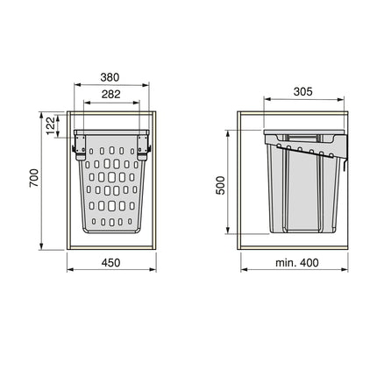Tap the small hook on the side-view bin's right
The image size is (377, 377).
(x=346, y=163)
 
